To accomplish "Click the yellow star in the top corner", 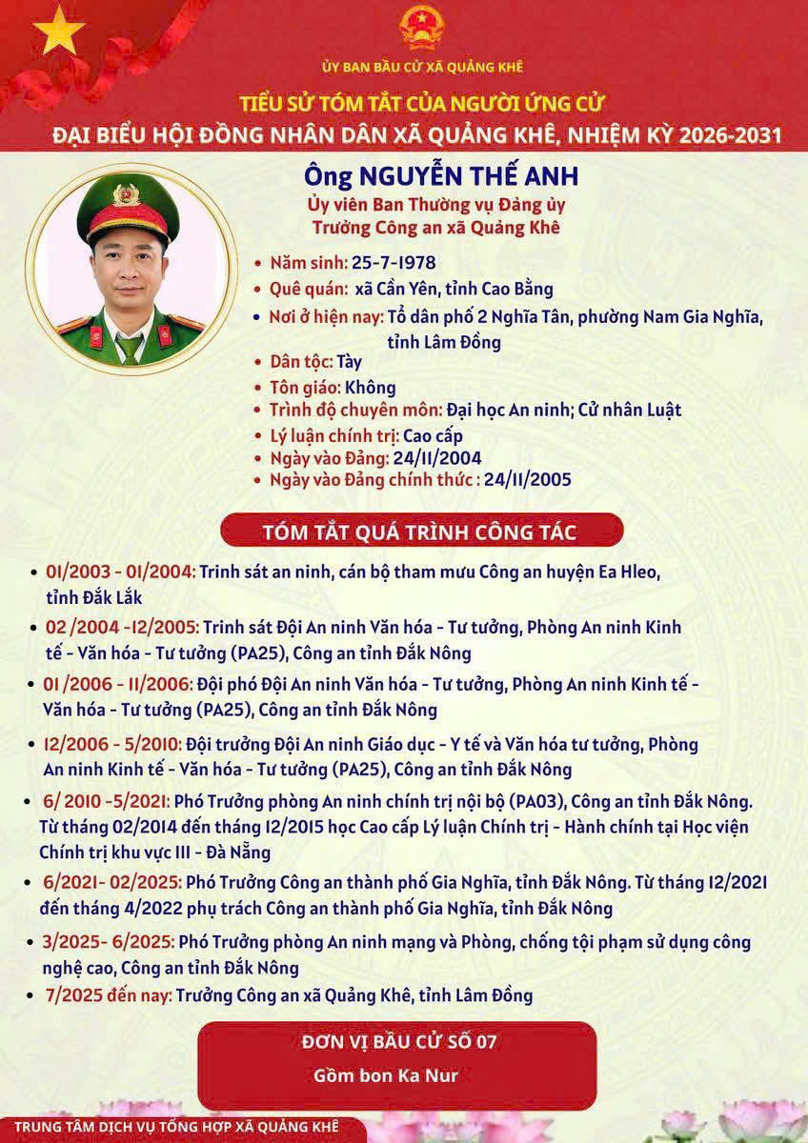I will pos(58,30).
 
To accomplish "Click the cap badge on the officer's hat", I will pos(126,195).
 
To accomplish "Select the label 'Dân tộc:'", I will pos(300,362).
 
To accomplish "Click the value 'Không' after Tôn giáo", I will pos(370,388).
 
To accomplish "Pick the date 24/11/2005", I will pos(528,479).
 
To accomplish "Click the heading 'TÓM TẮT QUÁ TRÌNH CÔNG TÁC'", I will pos(420,531).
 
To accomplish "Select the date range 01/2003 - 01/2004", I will pos(120,572).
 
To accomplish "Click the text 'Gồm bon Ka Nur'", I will pos(386,1076).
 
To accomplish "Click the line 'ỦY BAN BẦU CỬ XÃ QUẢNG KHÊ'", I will pos(421,67).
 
